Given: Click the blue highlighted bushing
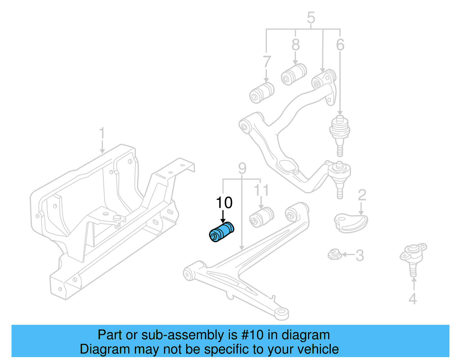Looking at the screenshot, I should (221, 232).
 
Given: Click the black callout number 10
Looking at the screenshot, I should (224, 203).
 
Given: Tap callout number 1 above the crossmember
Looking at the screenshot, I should (102, 134).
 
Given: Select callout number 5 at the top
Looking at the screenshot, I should (311, 18).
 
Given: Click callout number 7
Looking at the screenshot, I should (267, 62).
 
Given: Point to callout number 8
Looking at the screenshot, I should (296, 45).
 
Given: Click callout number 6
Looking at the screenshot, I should (340, 45).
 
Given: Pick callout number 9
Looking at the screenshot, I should (242, 168).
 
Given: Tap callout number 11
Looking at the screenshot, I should (261, 190).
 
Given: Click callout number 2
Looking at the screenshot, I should (362, 195).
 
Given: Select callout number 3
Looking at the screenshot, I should (360, 256).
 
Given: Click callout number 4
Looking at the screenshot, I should (413, 299).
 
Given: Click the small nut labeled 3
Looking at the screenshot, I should (334, 254).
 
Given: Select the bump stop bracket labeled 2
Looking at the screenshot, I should (350, 223).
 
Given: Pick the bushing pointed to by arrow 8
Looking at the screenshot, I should (294, 74).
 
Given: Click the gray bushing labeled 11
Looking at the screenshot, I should (261, 217).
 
